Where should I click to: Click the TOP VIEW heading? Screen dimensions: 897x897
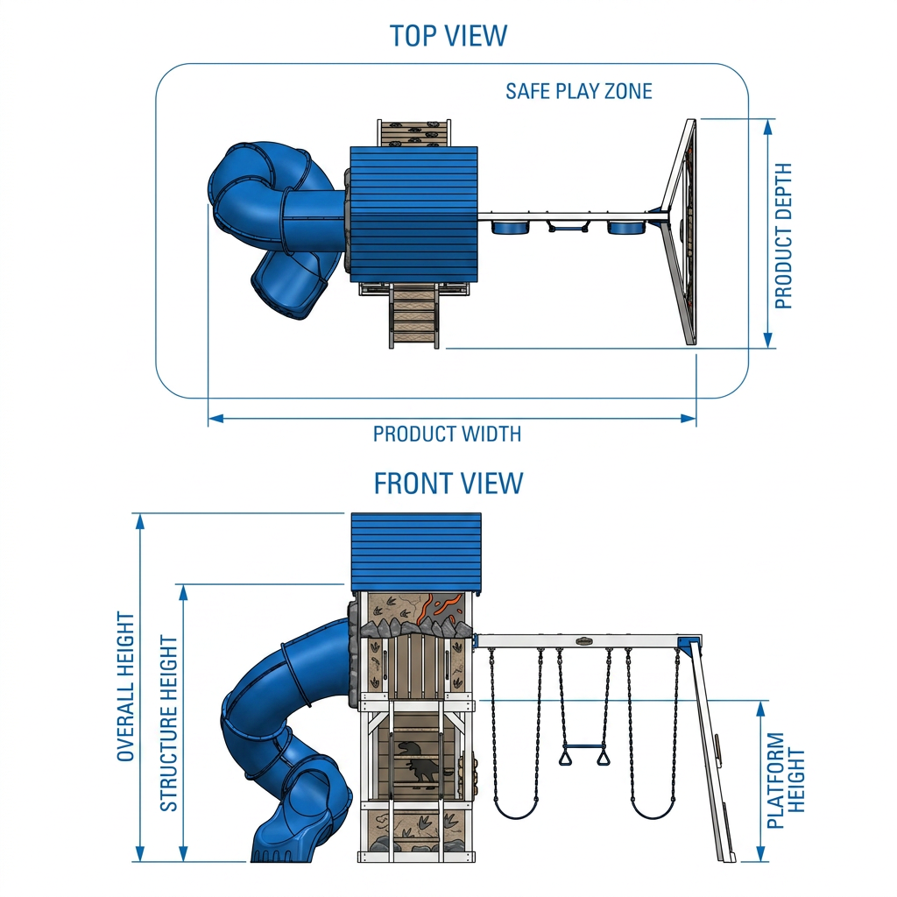[448, 35]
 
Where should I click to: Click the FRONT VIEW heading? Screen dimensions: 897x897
[448, 484]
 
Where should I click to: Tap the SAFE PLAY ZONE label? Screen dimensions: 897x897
[578, 91]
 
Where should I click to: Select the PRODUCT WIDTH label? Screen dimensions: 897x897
[447, 434]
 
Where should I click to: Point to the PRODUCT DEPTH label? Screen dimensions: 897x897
[784, 236]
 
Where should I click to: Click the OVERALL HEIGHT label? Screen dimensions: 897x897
[125, 687]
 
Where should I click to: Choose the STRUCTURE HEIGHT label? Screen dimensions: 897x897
[169, 723]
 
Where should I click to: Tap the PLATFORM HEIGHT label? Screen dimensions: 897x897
[786, 780]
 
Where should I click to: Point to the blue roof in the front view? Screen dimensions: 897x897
[416, 552]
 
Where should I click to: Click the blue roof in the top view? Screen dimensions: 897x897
[413, 214]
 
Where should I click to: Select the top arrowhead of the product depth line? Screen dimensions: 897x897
[768, 126]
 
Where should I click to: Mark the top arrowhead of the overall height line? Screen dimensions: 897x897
[139, 521]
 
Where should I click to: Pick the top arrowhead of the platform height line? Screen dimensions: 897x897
[761, 708]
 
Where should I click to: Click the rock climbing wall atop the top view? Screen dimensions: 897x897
[413, 133]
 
